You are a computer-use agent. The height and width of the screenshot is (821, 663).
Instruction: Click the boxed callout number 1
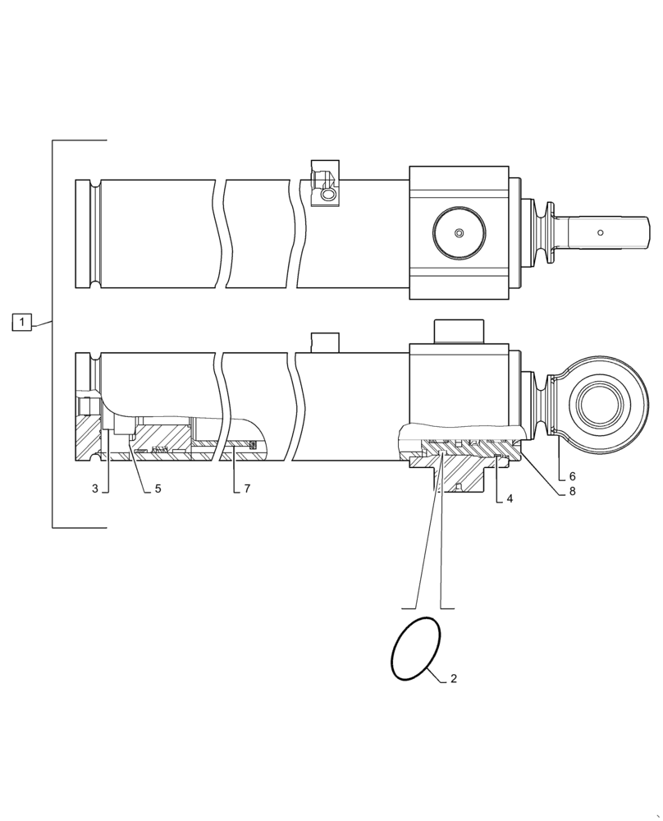pyautogui.click(x=21, y=322)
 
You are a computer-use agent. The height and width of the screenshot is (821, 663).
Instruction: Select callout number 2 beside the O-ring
pyautogui.click(x=454, y=679)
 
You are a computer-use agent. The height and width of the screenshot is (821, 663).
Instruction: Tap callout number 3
pyautogui.click(x=95, y=488)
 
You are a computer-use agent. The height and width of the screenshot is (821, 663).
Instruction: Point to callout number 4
pyautogui.click(x=510, y=498)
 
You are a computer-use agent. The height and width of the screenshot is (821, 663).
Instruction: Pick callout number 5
pyautogui.click(x=158, y=488)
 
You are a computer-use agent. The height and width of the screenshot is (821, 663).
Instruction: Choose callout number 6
pyautogui.click(x=572, y=477)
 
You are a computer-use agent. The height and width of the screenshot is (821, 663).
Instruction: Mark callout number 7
pyautogui.click(x=246, y=488)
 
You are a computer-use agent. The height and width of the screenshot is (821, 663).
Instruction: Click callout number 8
pyautogui.click(x=572, y=493)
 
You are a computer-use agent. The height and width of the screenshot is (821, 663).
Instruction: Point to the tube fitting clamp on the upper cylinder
pyautogui.click(x=324, y=185)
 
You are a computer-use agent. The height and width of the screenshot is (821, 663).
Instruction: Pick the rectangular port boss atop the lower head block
pyautogui.click(x=459, y=332)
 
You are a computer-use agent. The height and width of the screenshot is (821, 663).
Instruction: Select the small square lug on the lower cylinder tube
pyautogui.click(x=324, y=342)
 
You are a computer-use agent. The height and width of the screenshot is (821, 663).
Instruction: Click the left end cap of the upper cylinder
pyautogui.click(x=86, y=233)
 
